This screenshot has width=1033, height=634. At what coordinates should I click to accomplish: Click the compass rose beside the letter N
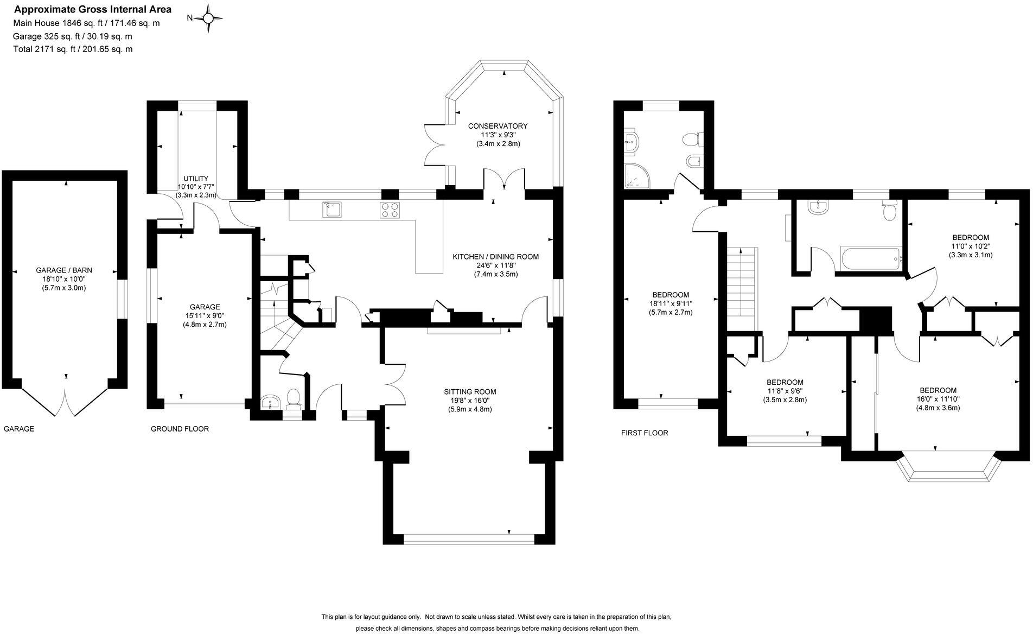[208, 18]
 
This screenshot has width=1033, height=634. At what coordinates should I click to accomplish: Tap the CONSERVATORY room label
[498, 126]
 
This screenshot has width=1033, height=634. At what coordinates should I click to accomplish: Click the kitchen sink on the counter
[332, 209]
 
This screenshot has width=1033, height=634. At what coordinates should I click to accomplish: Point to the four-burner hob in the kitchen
[389, 210]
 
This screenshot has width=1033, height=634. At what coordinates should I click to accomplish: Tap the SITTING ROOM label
[470, 391]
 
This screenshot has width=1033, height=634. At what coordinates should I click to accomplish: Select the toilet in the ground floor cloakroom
[294, 397]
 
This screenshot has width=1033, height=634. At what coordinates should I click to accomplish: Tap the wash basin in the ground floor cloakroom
[270, 402]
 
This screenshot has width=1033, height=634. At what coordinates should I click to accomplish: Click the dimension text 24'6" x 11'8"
[496, 265]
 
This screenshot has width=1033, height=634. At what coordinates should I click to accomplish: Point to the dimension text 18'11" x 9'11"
[671, 303]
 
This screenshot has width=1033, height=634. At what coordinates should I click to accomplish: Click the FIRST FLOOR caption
[645, 433]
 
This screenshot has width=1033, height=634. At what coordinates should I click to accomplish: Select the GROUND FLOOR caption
[180, 429]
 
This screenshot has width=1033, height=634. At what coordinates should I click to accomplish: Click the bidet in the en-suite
[693, 162]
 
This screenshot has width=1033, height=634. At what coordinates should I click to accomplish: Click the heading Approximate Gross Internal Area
[92, 9]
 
